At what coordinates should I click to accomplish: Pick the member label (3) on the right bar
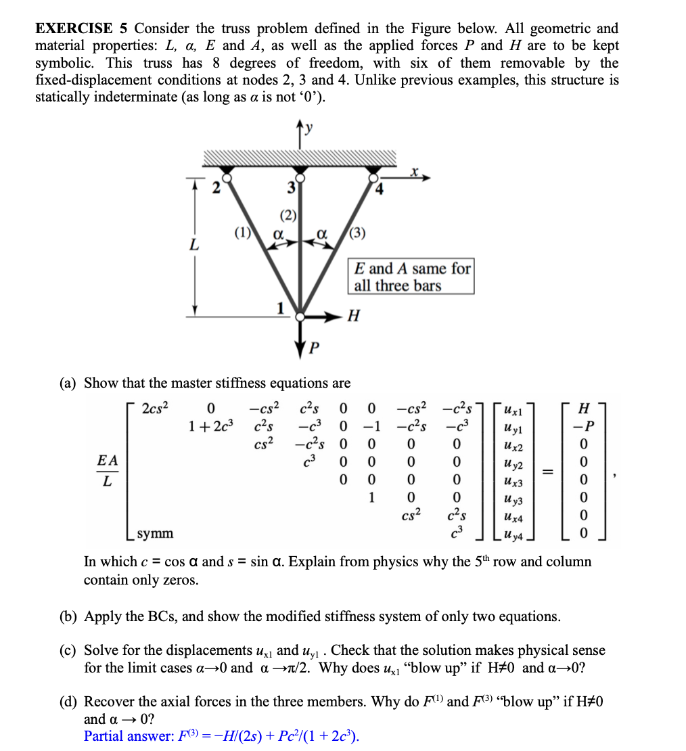(x=357, y=234)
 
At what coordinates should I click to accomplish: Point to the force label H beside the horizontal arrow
(x=352, y=315)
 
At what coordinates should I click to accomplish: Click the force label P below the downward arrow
(x=313, y=348)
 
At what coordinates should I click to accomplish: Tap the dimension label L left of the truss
(x=193, y=245)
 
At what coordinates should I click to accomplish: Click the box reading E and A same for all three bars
(x=411, y=277)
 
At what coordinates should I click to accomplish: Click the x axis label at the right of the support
(x=413, y=173)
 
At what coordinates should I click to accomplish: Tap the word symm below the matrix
(x=155, y=534)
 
